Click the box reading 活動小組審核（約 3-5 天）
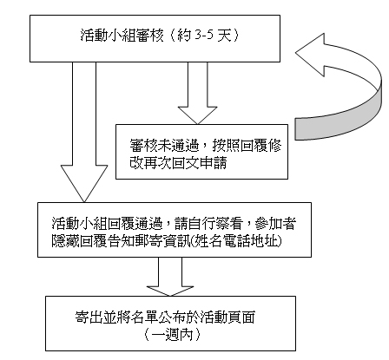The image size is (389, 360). pyautogui.click(x=155, y=38)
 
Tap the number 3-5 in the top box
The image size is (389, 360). pyautogui.click(x=204, y=36)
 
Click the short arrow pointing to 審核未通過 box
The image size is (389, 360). pyautogui.click(x=198, y=93)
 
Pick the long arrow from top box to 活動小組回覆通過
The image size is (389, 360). pyautogui.click(x=84, y=132)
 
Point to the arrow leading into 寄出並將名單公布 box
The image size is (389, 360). pyautogui.click(x=170, y=277)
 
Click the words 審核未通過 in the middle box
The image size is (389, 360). pyautogui.click(x=164, y=146)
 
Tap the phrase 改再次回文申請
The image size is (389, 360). pyautogui.click(x=178, y=163)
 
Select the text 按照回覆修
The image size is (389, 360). pyautogui.click(x=247, y=146)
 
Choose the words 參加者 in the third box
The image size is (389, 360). pyautogui.click(x=275, y=223)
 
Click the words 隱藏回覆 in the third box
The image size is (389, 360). pyautogui.click(x=79, y=240)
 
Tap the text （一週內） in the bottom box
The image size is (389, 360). pyautogui.click(x=172, y=335)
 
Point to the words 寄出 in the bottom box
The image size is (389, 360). pyautogui.click(x=89, y=317)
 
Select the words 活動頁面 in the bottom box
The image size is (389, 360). pyautogui.click(x=227, y=317)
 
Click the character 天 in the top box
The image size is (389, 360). pyautogui.click(x=225, y=36)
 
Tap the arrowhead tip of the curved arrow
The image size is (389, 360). pyautogui.click(x=295, y=53)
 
